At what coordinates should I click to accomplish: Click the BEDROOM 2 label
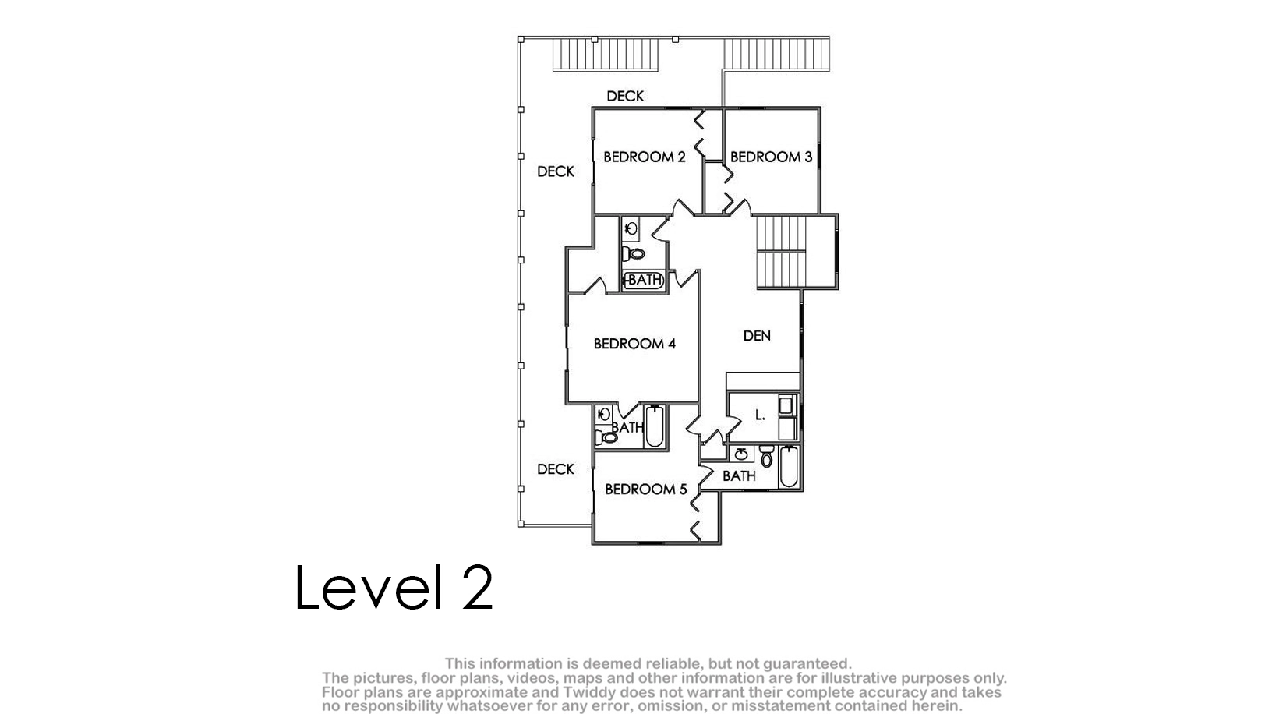coord(645,157)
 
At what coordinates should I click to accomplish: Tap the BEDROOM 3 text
coord(771,157)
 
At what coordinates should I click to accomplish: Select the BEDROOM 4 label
coord(634,344)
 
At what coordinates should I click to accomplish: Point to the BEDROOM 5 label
coord(645,489)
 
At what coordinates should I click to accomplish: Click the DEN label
coord(757,336)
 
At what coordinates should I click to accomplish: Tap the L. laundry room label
coord(761,415)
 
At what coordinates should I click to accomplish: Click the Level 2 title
coord(394,587)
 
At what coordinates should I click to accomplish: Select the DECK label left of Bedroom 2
coord(556,171)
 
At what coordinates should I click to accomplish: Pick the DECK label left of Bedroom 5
coord(556,469)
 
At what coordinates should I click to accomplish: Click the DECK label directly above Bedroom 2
coord(625,96)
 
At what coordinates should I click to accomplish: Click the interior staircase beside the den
coord(782,253)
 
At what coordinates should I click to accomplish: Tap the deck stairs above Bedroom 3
coord(776,55)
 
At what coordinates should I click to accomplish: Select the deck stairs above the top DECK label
coord(606,55)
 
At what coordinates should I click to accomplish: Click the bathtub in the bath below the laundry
coord(789,467)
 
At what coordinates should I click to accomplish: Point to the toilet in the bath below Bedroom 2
coord(633,253)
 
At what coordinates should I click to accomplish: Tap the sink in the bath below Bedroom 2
coord(631,229)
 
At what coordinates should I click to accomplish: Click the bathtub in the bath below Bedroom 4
coord(655,426)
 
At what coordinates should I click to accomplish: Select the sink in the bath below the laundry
coord(741,454)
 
